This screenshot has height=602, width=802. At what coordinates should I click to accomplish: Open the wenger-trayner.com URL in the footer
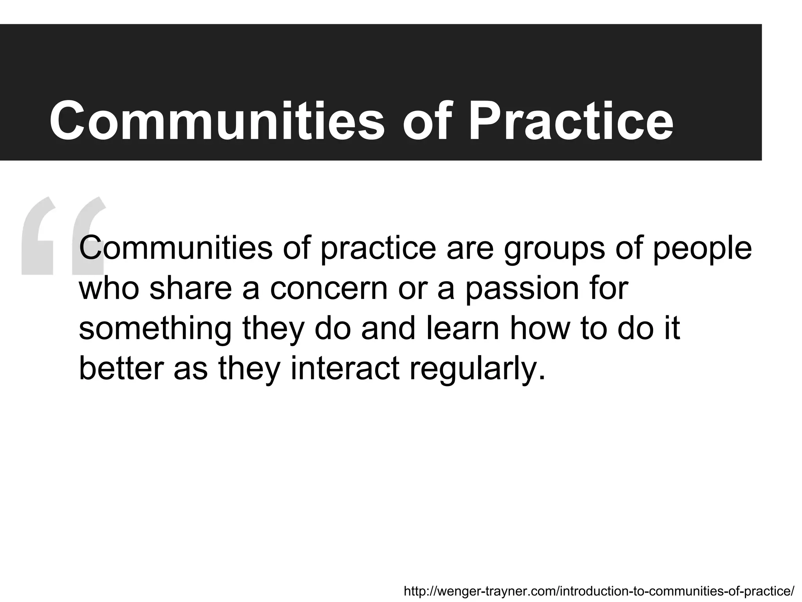pos(599,591)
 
